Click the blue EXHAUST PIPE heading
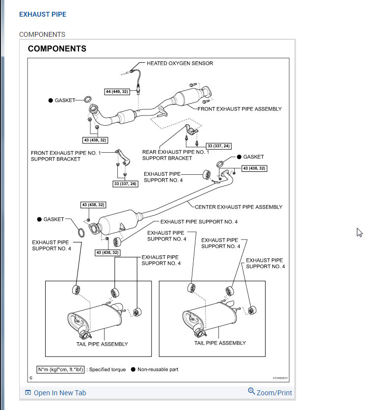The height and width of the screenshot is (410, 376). click(42, 14)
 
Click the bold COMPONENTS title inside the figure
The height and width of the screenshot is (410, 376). click(57, 49)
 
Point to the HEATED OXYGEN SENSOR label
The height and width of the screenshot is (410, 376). click(180, 63)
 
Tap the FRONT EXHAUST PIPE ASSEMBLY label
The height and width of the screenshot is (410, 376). click(240, 109)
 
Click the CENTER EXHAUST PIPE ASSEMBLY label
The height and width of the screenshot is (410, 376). click(239, 207)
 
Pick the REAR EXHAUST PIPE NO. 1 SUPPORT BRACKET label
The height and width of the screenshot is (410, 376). click(175, 155)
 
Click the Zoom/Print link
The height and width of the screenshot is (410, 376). click(274, 393)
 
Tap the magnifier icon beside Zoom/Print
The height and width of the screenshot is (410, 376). click(252, 391)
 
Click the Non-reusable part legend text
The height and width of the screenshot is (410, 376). click(158, 369)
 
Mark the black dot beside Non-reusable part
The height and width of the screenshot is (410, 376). click(133, 369)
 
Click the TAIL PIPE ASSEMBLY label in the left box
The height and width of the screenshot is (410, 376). click(102, 344)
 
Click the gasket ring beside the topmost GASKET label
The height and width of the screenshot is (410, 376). click(88, 100)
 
